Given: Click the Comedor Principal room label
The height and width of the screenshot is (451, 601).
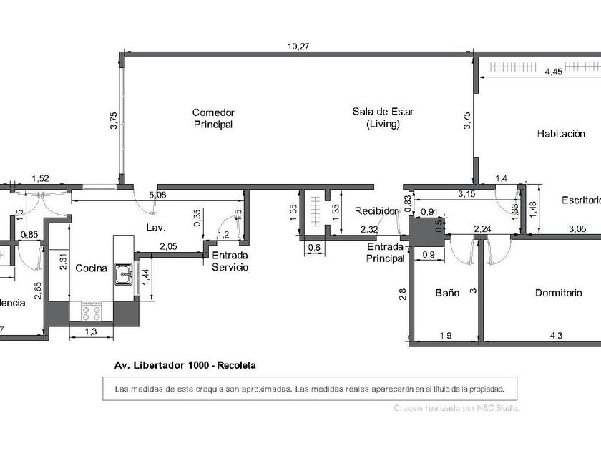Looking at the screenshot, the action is click(x=213, y=118).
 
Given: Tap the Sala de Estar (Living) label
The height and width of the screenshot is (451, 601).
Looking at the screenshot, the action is click(x=383, y=117).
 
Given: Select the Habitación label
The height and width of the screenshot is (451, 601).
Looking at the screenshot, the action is click(x=565, y=134).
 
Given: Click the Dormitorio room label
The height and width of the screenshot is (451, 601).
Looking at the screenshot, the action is click(x=558, y=294).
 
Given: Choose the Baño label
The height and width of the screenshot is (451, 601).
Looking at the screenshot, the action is click(x=446, y=294).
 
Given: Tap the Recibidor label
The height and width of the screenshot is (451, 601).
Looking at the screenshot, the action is click(x=376, y=211).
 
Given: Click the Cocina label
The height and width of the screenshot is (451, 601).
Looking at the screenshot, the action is click(x=92, y=268).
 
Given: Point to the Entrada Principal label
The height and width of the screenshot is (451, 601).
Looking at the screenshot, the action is click(x=386, y=253).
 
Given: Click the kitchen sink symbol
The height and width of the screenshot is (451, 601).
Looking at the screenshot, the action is click(x=124, y=273).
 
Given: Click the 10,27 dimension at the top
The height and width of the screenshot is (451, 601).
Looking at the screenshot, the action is click(x=298, y=47).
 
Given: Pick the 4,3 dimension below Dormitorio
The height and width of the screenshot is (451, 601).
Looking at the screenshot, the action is click(x=554, y=334).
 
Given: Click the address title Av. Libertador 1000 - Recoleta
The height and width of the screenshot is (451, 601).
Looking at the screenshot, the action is click(x=185, y=364).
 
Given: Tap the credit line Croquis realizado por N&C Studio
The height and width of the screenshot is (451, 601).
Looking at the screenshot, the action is click(x=456, y=408).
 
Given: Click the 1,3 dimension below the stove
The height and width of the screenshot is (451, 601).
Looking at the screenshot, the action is click(x=91, y=331).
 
